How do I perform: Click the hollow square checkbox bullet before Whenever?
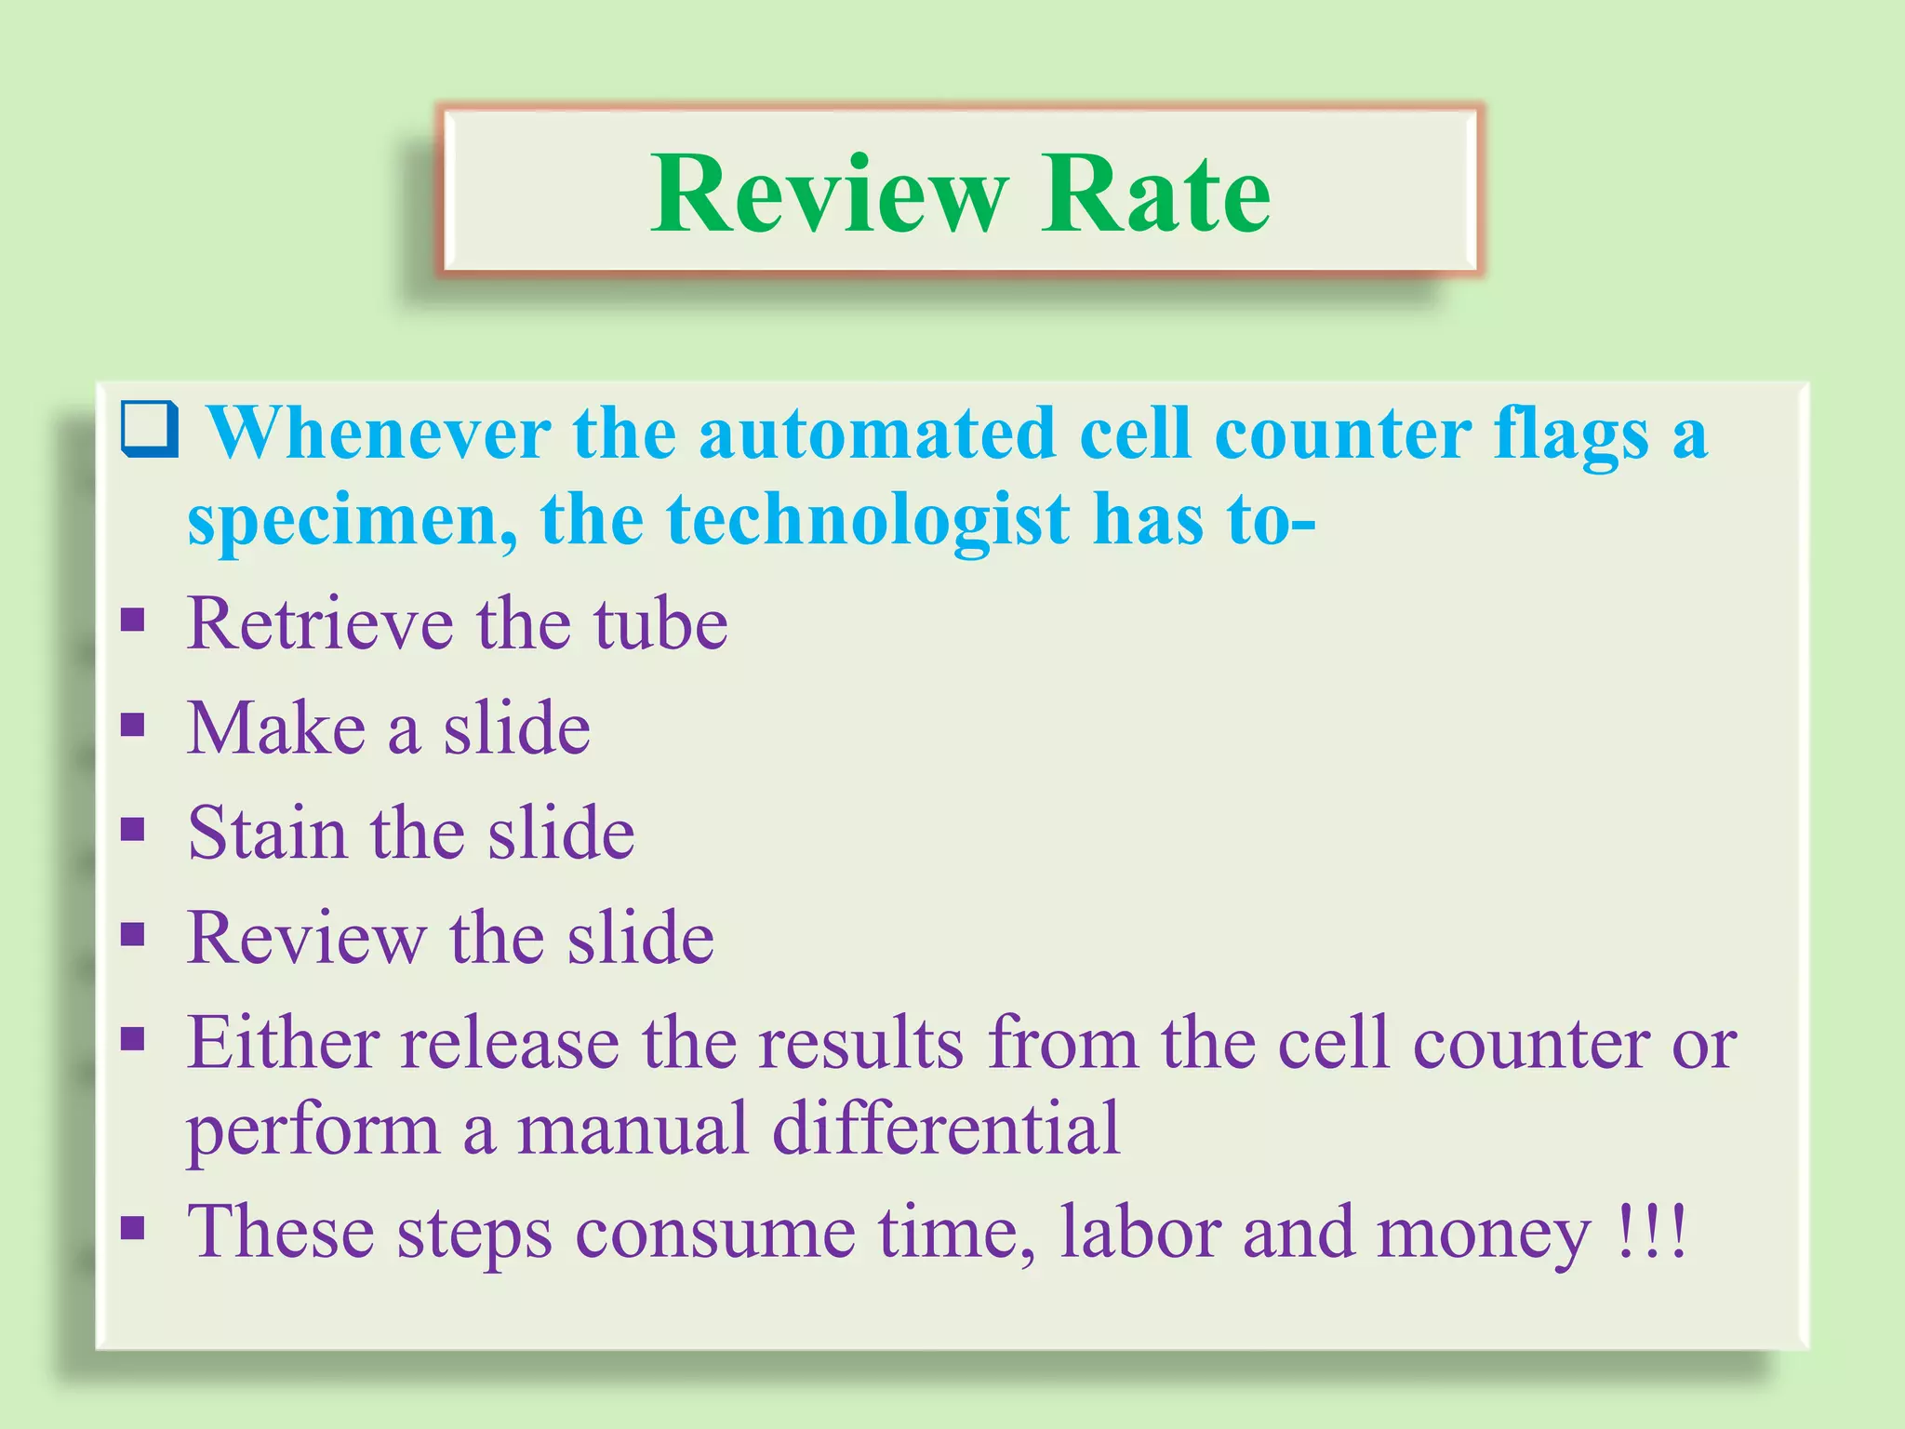[150, 429]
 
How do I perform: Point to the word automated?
[877, 434]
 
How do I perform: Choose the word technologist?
[868, 521]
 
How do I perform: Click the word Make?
[276, 728]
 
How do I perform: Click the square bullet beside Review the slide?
[133, 933]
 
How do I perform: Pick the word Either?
[282, 1043]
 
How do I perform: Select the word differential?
[946, 1129]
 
